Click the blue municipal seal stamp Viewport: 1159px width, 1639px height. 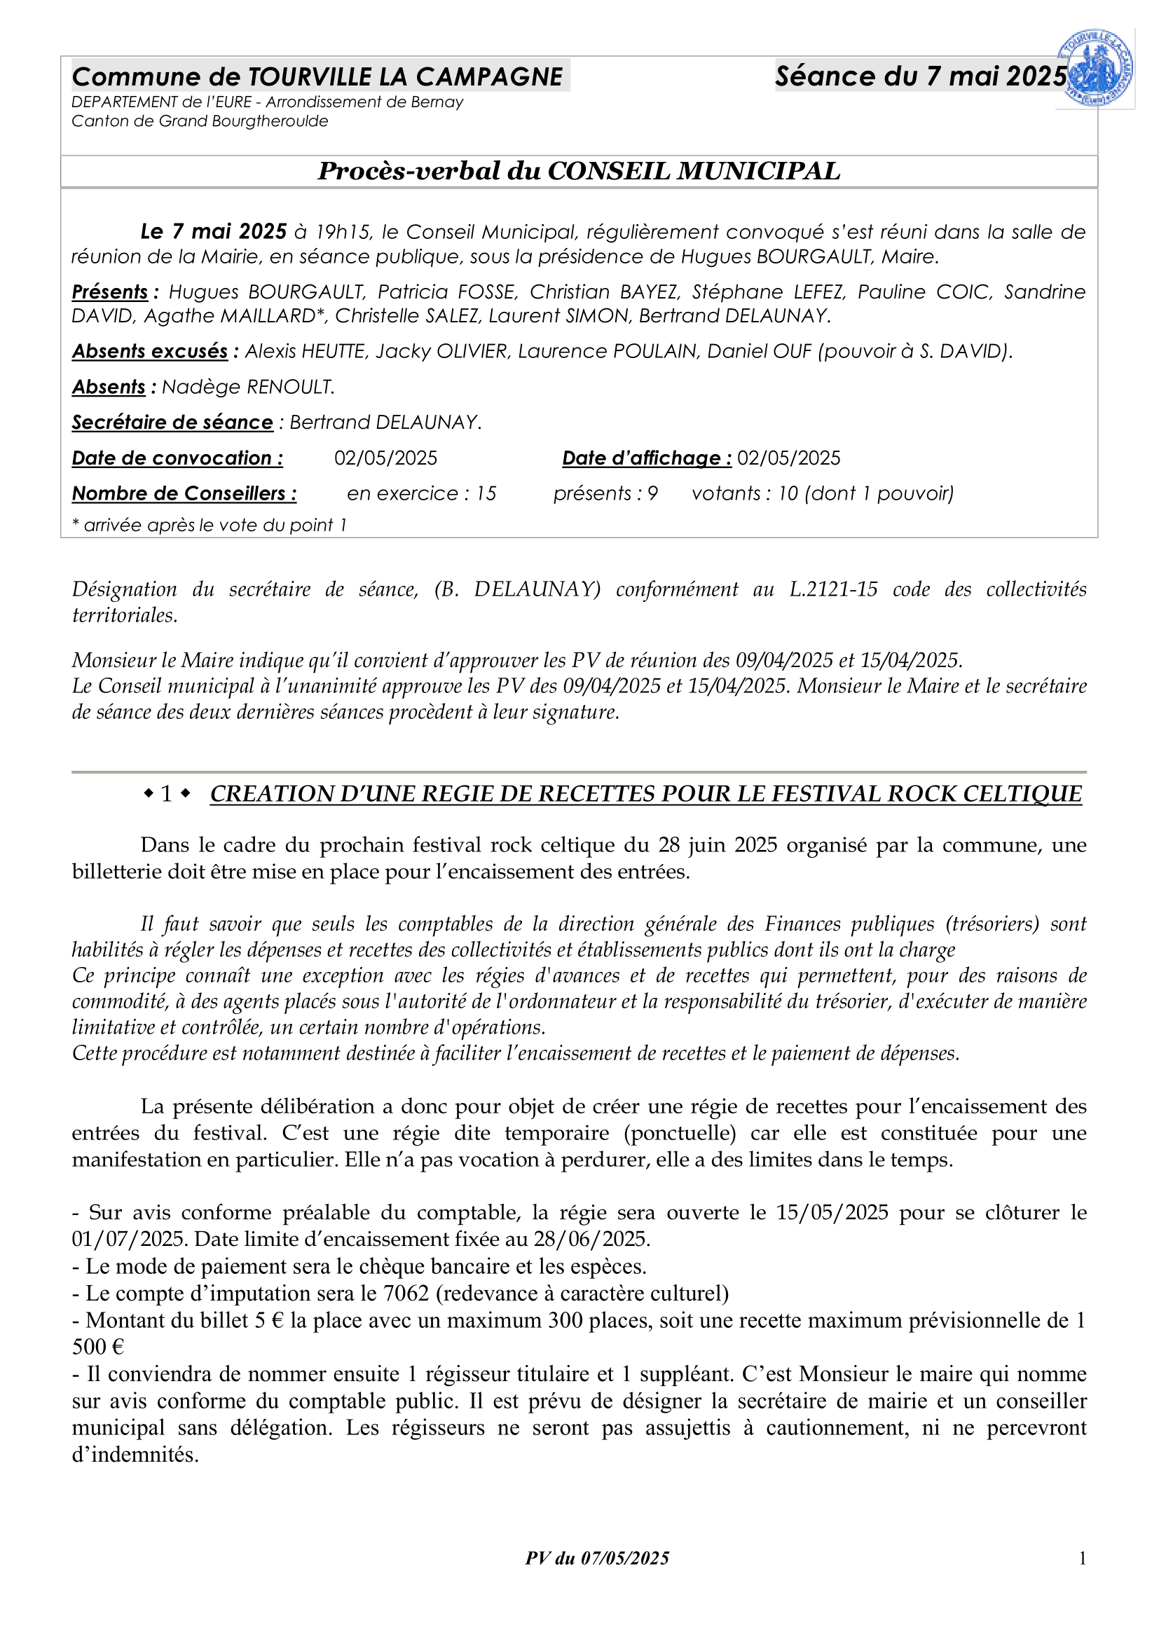(1095, 69)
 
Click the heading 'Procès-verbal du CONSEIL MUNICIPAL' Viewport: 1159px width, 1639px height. (579, 171)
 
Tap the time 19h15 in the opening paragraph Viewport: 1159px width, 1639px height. (343, 232)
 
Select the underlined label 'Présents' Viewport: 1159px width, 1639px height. (110, 292)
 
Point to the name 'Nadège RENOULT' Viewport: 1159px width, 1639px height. (247, 387)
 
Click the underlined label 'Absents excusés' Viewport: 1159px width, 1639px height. (150, 351)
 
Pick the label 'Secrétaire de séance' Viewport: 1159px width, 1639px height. (172, 423)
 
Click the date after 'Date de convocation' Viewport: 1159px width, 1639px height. (385, 458)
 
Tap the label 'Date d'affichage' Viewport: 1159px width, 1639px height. (647, 458)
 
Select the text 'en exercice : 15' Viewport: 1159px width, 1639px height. (421, 494)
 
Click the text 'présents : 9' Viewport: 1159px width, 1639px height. (605, 494)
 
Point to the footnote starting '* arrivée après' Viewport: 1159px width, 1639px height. (209, 526)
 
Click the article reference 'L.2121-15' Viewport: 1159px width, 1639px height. (833, 589)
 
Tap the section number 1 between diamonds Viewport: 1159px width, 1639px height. (166, 794)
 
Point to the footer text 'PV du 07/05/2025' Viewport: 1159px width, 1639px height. (597, 1558)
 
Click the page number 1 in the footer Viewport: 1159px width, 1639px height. (1082, 1558)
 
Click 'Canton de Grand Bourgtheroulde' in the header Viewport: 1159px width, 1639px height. (200, 121)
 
